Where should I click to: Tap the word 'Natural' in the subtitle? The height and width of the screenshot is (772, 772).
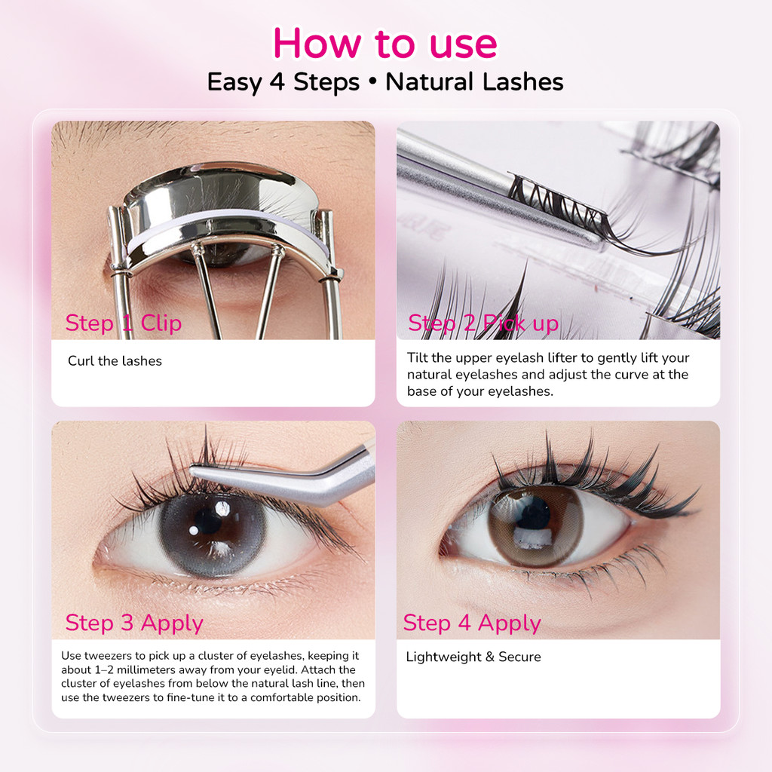coord(429,81)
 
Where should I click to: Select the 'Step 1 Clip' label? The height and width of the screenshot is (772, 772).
coord(124,323)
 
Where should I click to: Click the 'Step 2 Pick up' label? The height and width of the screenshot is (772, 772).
coord(483,323)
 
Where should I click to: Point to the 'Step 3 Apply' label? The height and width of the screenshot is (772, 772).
coord(134,623)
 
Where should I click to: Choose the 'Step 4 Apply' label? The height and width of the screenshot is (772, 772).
coord(472,623)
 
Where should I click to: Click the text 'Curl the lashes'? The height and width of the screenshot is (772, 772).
coord(115,361)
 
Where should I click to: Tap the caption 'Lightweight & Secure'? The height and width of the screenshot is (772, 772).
coord(473,657)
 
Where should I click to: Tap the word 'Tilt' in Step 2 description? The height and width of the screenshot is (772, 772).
coord(418,357)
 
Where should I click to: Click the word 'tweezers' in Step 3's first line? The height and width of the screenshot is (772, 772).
coord(108,655)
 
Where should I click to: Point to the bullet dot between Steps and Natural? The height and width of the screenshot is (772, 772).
coord(372,81)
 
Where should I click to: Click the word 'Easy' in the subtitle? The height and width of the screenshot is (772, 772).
coord(234,82)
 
